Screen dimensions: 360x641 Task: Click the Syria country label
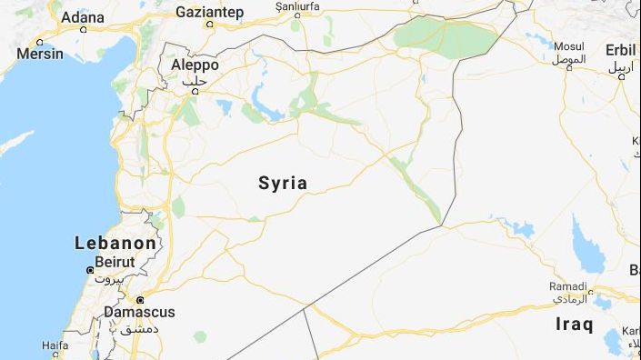coord(283,183)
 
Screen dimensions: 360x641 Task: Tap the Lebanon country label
coord(115,244)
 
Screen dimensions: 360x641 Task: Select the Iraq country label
coord(574,324)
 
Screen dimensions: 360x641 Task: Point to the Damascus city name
coord(139,312)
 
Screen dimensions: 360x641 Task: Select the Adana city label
coord(83,16)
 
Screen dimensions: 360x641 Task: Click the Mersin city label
coord(41,54)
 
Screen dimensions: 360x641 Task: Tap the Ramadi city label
coord(568,286)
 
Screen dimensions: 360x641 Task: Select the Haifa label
coord(55,345)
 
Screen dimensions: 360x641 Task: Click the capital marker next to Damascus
coord(140,299)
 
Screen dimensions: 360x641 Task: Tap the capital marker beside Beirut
coord(89,270)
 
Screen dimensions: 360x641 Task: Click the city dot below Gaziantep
coord(210,24)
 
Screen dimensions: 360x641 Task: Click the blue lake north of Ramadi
coord(587,245)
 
